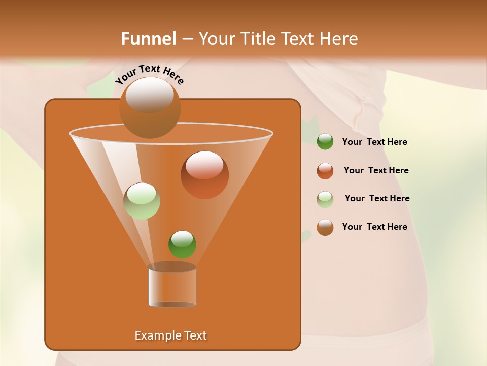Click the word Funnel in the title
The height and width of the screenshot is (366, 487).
[x=148, y=39]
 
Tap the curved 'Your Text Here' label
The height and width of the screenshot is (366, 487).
[x=150, y=74]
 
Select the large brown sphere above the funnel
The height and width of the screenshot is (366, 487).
[x=150, y=107]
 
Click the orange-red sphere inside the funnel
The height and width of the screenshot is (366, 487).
[x=204, y=175]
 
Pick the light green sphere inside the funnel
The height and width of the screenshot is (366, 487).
[x=142, y=201]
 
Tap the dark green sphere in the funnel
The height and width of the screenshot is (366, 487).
[x=182, y=244]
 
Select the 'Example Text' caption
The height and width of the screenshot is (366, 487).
[x=171, y=335]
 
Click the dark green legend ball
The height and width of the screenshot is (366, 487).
[x=325, y=142]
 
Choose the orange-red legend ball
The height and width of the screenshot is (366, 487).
[x=325, y=170]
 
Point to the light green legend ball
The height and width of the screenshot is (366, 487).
[x=325, y=199]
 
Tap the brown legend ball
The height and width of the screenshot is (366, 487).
[x=325, y=227]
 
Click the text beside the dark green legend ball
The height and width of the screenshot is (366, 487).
[x=374, y=142]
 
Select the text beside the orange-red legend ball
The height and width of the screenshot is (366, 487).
[x=376, y=171]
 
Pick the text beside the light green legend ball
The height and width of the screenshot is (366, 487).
[x=377, y=199]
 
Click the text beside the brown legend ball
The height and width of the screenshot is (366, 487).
[x=374, y=227]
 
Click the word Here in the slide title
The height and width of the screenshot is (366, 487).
[x=339, y=39]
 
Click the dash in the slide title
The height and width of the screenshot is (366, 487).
[x=187, y=39]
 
